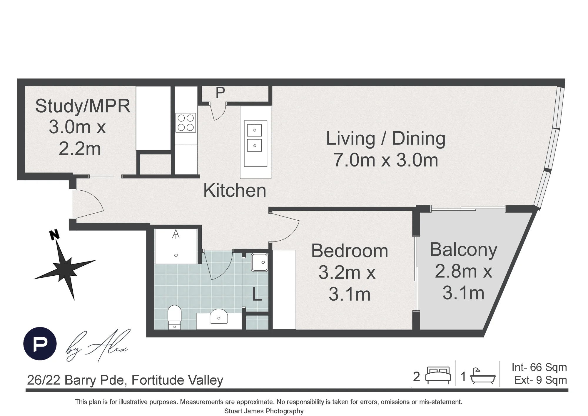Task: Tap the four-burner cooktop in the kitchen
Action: [x=186, y=123]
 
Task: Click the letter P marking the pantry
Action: [x=220, y=93]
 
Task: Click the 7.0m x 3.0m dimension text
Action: [x=386, y=160]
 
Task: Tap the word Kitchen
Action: [x=235, y=191]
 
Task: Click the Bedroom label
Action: [x=350, y=251]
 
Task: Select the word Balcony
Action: [x=463, y=250]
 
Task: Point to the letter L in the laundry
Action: [x=257, y=294]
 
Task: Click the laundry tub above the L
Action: [x=259, y=262]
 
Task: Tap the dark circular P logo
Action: [x=40, y=344]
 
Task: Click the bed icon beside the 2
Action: [x=438, y=375]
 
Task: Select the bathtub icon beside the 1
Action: [x=483, y=376]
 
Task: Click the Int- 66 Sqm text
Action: [x=539, y=367]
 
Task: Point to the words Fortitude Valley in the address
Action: [x=177, y=380]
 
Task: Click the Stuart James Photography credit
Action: [x=264, y=411]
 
